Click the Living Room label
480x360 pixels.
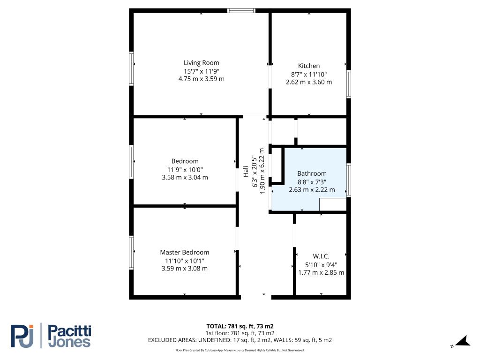[x=202, y=63]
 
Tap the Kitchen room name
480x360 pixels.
[x=309, y=66]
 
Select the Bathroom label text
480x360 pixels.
[x=312, y=173]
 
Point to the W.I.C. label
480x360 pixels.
[x=321, y=256]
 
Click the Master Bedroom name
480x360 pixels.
[x=185, y=252]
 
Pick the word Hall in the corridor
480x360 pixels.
[x=246, y=172]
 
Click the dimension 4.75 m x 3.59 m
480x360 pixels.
[x=202, y=79]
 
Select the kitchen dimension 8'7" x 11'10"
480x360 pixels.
[x=309, y=75]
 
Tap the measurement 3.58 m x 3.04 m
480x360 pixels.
[x=185, y=177]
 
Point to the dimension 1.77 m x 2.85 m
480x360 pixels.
[x=321, y=272]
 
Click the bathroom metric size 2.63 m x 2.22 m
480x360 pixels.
[x=312, y=190]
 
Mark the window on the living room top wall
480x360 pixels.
[x=241, y=11]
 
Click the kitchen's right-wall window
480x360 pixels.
[x=348, y=84]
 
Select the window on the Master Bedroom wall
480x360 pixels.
[x=131, y=253]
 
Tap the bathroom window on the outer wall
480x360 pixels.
[x=348, y=180]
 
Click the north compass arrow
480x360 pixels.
[x=464, y=341]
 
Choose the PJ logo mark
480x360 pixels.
[x=22, y=336]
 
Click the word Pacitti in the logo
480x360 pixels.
[x=70, y=331]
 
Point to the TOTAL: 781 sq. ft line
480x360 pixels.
[x=240, y=326]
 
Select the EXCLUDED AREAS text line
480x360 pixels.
[x=240, y=340]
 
